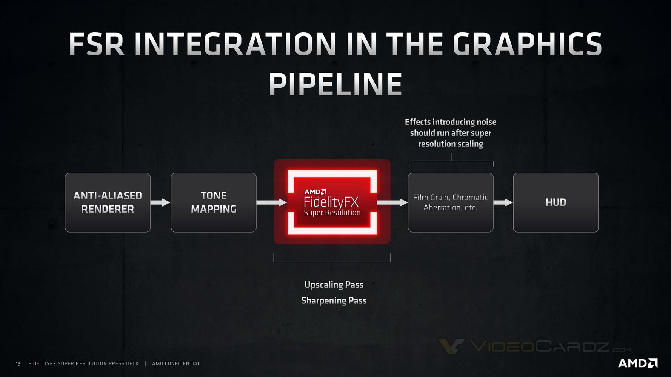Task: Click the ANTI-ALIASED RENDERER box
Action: click(108, 202)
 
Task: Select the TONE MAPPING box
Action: click(214, 202)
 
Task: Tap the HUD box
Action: click(556, 202)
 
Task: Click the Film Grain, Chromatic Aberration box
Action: click(450, 202)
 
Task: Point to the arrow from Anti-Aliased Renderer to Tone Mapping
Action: click(160, 202)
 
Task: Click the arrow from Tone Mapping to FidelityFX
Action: click(271, 202)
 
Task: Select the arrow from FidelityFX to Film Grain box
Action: click(392, 202)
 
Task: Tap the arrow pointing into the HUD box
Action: click(503, 202)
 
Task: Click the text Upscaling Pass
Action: click(334, 285)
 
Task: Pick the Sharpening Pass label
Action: click(334, 300)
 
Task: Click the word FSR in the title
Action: click(97, 44)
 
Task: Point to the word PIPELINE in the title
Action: click(335, 84)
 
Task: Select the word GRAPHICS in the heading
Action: click(527, 44)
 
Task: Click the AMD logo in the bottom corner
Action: click(638, 363)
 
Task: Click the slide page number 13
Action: click(18, 364)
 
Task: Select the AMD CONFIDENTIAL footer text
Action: click(176, 363)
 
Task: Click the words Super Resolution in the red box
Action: click(332, 213)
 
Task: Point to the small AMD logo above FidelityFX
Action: click(315, 192)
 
